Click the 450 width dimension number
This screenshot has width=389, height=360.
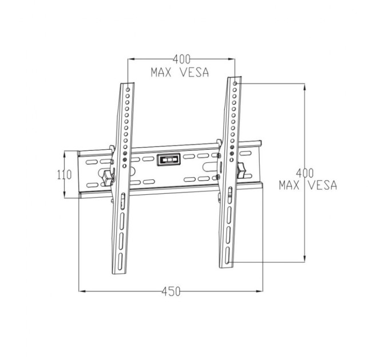[x=170, y=291]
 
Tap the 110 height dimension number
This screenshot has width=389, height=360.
[x=64, y=175]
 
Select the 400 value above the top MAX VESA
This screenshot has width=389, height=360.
[x=181, y=59]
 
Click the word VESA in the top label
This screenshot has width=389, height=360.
[x=194, y=73]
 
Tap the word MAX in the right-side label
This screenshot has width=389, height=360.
[x=291, y=186]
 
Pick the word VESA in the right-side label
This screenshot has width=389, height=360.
[x=322, y=186]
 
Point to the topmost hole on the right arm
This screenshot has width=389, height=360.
[x=235, y=84]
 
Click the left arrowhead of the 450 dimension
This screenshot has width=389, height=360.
[x=81, y=291]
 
